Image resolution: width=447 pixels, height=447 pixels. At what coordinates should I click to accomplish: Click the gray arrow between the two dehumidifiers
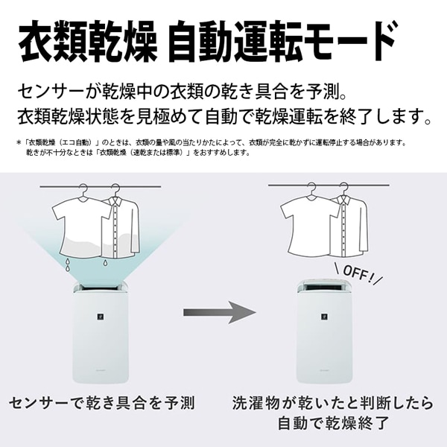pyautogui.click(x=220, y=312)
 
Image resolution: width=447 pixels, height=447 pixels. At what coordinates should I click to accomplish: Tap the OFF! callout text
pyautogui.click(x=358, y=274)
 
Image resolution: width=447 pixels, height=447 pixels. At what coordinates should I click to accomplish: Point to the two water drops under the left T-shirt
pyautogui.click(x=68, y=264)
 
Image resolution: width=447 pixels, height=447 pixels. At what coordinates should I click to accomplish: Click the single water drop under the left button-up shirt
pyautogui.click(x=105, y=263)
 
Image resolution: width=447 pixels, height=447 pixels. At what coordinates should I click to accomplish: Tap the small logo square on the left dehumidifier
pyautogui.click(x=100, y=316)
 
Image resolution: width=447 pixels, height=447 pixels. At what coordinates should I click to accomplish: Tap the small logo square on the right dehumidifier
pyautogui.click(x=324, y=316)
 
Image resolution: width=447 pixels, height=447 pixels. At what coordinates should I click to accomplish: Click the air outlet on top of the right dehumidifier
pyautogui.click(x=324, y=287)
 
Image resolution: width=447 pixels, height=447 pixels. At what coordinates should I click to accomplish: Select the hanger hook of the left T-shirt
pyautogui.click(x=83, y=189)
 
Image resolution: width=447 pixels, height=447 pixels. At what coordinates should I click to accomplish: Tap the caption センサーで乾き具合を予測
pyautogui.click(x=102, y=403)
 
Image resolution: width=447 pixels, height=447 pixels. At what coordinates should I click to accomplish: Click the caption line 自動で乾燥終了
pyautogui.click(x=333, y=423)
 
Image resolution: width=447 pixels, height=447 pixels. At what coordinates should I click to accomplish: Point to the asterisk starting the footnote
pyautogui.click(x=19, y=142)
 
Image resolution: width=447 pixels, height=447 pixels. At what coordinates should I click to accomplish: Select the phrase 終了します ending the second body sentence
pyautogui.click(x=385, y=117)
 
